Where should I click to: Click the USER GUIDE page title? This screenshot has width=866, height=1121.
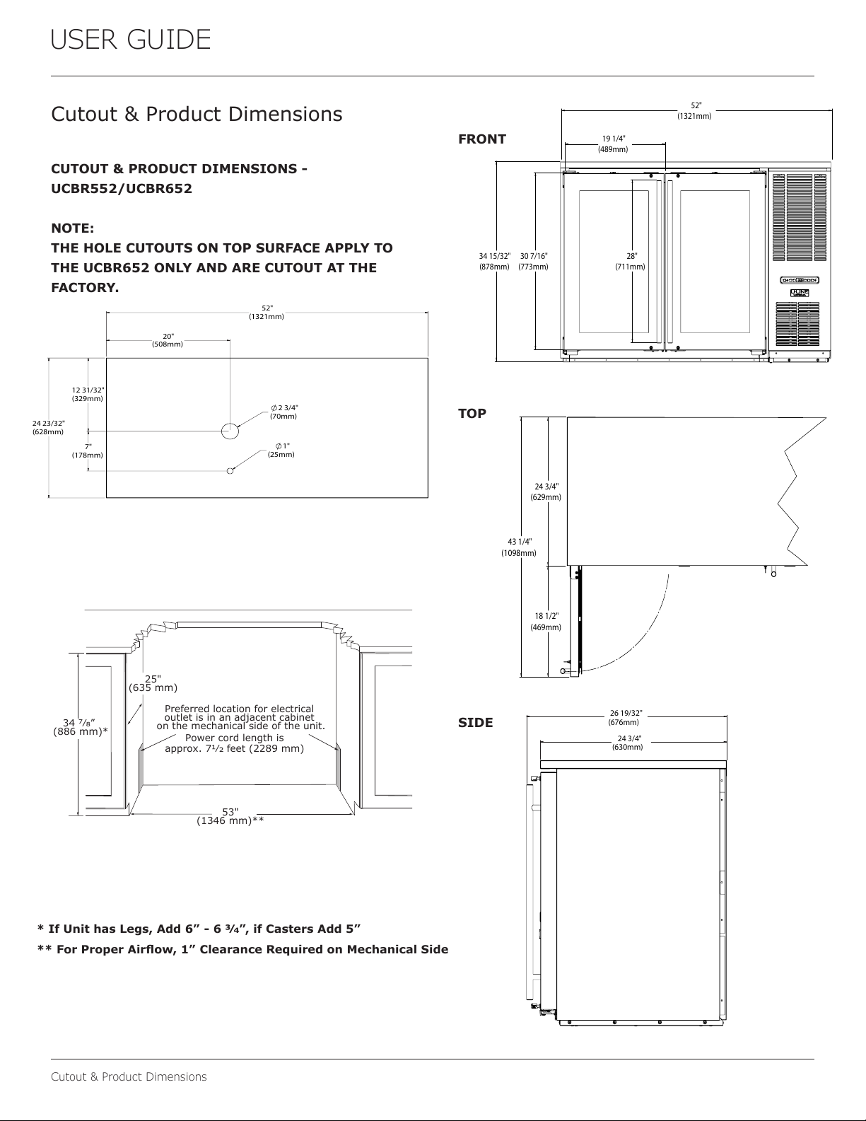coord(130,40)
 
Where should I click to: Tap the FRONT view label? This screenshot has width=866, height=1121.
coord(482,139)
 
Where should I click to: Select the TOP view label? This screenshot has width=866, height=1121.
coord(472,414)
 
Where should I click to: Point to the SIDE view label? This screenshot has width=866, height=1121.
coord(475,723)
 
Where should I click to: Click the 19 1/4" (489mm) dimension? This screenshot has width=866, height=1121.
coord(613,144)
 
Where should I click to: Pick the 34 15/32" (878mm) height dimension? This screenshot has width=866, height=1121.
coord(495,262)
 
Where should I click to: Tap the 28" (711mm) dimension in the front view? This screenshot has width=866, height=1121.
coord(630,262)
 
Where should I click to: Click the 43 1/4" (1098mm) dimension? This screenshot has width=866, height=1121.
coord(519,547)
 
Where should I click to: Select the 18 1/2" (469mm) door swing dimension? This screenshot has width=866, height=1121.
coord(546,622)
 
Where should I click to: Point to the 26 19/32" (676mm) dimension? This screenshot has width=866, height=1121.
coord(625,718)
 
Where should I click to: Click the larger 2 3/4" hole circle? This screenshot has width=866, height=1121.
coord(230,431)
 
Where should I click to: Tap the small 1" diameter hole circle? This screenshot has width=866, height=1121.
coord(230,470)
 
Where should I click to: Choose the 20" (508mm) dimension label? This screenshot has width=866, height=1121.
coord(168,340)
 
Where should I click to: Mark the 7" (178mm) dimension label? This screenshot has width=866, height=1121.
coord(88,451)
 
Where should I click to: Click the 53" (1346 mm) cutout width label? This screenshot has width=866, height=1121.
coord(230,817)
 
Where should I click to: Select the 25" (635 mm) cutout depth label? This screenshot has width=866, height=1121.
coord(153,683)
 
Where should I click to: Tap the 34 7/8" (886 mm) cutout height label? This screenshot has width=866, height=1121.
coord(81,727)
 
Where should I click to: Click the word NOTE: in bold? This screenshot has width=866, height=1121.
coord(73,228)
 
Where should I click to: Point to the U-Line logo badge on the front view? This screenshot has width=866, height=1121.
coord(800,293)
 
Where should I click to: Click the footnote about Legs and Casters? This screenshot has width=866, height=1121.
coord(199,929)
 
